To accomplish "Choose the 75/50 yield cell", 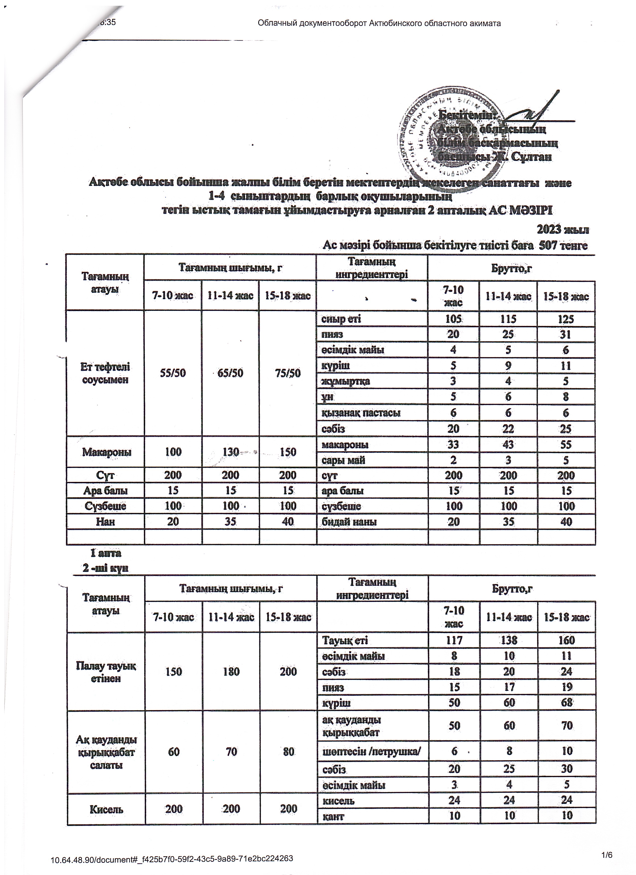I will pyautogui.click(x=288, y=373).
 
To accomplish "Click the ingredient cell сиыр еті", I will pyautogui.click(x=341, y=319).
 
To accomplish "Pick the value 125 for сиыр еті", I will pyautogui.click(x=565, y=319).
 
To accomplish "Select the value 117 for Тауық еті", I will pyautogui.click(x=454, y=641).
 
